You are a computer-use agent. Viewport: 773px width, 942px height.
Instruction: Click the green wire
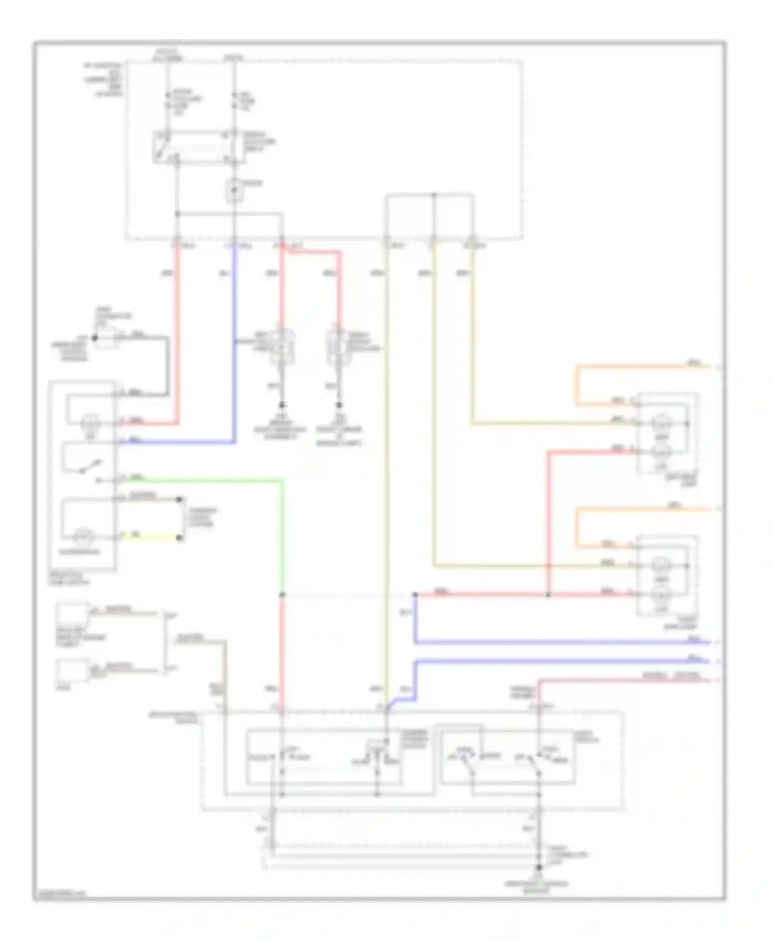(x=206, y=481)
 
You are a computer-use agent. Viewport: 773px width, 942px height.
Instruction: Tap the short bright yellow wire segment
(x=149, y=538)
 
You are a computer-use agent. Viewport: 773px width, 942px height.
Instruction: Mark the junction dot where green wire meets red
(x=282, y=595)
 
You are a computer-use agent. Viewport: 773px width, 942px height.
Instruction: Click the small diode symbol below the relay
(x=234, y=190)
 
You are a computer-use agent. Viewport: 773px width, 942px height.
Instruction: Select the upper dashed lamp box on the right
(x=667, y=433)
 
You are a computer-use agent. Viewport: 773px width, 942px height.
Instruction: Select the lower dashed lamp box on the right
(x=667, y=576)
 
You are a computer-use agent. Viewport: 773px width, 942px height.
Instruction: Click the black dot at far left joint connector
(x=94, y=339)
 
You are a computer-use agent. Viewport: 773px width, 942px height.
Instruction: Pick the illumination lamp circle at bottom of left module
(x=81, y=538)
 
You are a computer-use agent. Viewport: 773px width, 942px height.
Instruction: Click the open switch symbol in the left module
(x=88, y=466)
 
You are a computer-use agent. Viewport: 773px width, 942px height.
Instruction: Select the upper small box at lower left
(x=73, y=613)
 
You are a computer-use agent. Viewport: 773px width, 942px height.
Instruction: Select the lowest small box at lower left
(x=72, y=671)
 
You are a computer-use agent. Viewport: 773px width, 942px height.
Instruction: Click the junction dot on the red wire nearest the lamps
(x=548, y=595)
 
